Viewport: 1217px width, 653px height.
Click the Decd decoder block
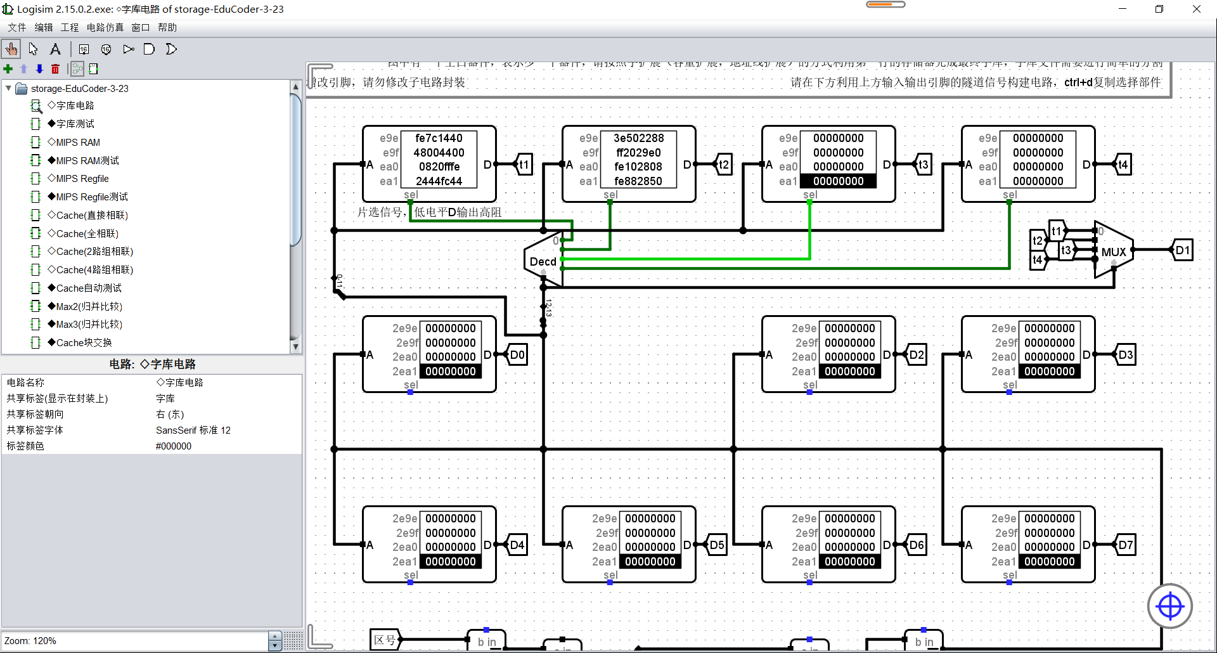543,261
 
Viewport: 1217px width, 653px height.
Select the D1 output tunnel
1183,250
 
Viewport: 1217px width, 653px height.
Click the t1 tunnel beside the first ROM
524,164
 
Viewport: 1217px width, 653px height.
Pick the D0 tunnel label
517,354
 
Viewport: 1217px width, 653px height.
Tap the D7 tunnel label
1126,545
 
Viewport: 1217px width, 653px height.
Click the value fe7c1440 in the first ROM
439,138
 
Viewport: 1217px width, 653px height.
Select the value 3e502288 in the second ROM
638,138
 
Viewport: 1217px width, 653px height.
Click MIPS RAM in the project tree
77,142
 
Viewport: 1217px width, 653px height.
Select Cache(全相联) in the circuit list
87,233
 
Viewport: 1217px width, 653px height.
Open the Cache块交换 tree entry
84,342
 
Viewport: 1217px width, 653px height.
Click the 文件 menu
17,27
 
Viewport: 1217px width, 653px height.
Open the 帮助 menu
167,27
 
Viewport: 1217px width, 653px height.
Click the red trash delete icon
55,68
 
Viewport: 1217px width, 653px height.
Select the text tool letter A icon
55,49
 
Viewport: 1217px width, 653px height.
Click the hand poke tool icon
11,49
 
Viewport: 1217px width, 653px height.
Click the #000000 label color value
174,446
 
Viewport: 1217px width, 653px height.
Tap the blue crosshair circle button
1169,606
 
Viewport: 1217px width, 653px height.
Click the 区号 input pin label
384,639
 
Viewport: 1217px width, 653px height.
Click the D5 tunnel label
717,545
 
